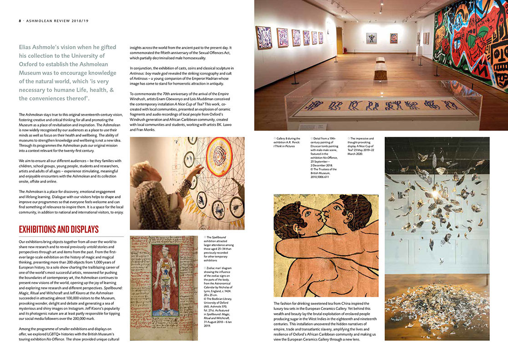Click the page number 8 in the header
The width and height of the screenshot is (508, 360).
(x=20, y=20)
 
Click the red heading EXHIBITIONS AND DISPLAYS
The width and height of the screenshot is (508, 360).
(x=58, y=229)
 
